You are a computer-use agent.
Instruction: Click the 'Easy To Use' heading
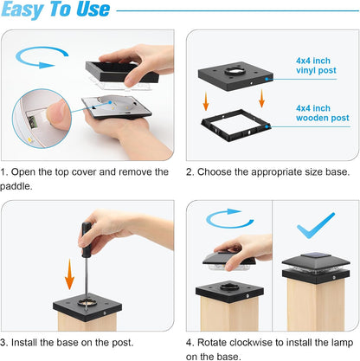(x=55, y=10)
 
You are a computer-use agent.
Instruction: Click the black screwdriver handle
(x=86, y=240)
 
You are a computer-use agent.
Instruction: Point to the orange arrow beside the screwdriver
(x=69, y=274)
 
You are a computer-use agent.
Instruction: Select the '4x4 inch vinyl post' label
(x=316, y=66)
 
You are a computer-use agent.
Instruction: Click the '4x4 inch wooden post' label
(x=322, y=113)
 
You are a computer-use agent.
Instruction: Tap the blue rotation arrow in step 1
(x=41, y=57)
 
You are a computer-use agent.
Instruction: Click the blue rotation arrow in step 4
(x=228, y=218)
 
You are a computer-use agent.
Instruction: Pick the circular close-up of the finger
(x=42, y=119)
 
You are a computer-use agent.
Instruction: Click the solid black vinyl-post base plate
(x=235, y=75)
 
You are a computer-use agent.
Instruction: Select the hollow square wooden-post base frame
(x=235, y=125)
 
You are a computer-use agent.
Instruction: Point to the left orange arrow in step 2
(x=206, y=101)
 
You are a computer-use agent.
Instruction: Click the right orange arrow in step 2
(x=261, y=99)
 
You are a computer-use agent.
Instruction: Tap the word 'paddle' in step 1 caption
(x=15, y=186)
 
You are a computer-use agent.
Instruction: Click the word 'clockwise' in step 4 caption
(x=251, y=343)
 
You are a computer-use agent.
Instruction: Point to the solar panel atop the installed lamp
(x=315, y=255)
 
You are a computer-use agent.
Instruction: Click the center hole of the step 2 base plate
(x=235, y=71)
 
